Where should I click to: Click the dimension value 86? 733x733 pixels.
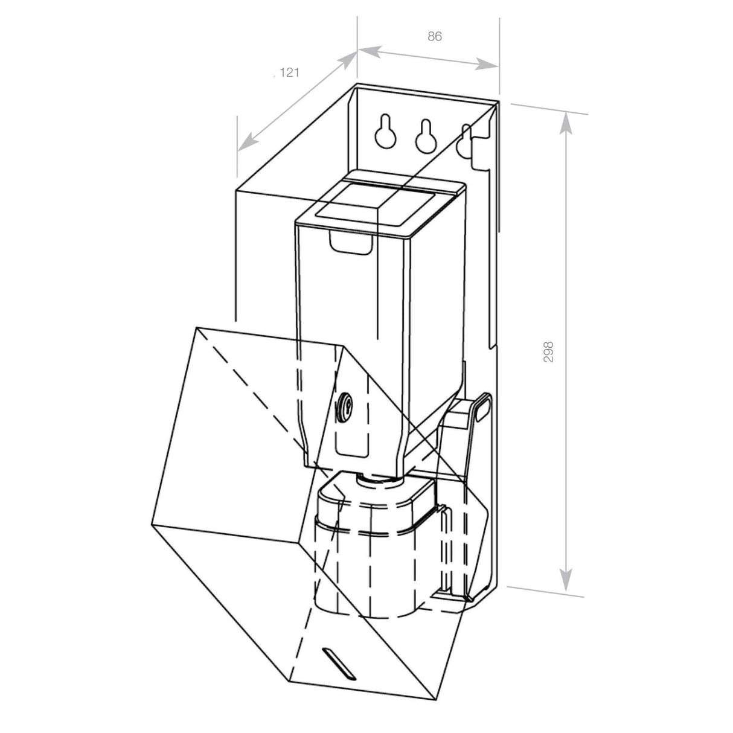[x=435, y=36]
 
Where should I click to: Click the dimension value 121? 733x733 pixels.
[x=289, y=73]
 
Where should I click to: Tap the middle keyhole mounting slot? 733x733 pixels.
[x=425, y=136]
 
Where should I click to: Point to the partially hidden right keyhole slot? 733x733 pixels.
[x=464, y=140]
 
